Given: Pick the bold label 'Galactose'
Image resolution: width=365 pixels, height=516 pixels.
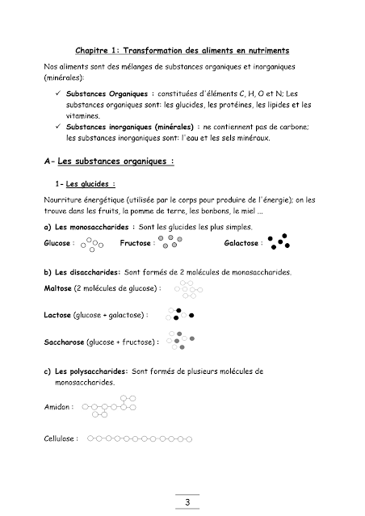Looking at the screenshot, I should [243, 242].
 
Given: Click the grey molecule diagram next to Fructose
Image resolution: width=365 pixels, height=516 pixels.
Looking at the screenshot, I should [170, 242].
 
